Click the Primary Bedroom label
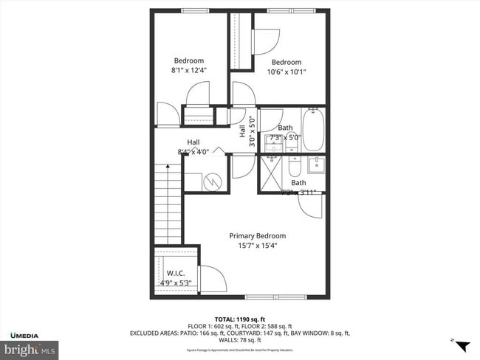258,236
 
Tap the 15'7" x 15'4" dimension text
258,246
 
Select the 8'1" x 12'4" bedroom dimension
189,71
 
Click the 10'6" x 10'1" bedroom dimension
286,72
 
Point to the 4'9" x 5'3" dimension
175,282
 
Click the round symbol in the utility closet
212,180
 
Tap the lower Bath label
298,183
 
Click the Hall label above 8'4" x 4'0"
193,142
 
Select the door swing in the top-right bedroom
264,41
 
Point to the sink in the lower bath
313,164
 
